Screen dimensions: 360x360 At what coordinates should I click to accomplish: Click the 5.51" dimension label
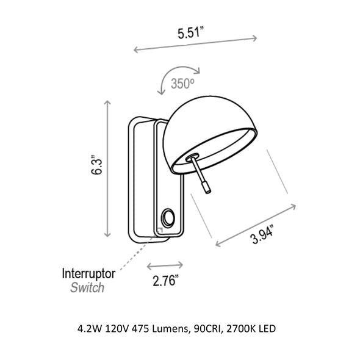click(x=191, y=32)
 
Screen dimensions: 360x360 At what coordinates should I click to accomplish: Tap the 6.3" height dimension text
click(x=96, y=165)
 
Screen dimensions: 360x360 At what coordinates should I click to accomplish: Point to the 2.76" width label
click(x=166, y=280)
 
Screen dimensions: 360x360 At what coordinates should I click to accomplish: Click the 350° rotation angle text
click(x=182, y=84)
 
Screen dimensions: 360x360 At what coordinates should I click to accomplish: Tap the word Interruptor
click(x=88, y=274)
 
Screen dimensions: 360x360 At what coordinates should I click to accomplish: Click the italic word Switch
click(x=87, y=287)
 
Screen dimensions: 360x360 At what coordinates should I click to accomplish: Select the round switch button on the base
click(x=168, y=217)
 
